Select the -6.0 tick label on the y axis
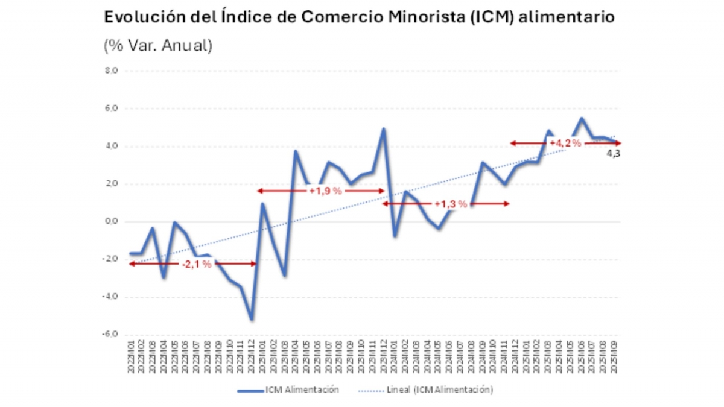pyautogui.click(x=112, y=335)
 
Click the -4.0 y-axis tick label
pyautogui.click(x=112, y=297)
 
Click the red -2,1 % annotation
pyautogui.click(x=197, y=264)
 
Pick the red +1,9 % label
pyautogui.click(x=326, y=191)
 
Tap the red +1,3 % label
pyautogui.click(x=451, y=204)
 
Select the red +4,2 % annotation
pyautogui.click(x=565, y=143)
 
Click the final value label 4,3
pyautogui.click(x=613, y=154)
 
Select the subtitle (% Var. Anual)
pyautogui.click(x=158, y=46)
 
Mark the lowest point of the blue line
pyautogui.click(x=251, y=320)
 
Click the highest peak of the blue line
pyautogui.click(x=582, y=118)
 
